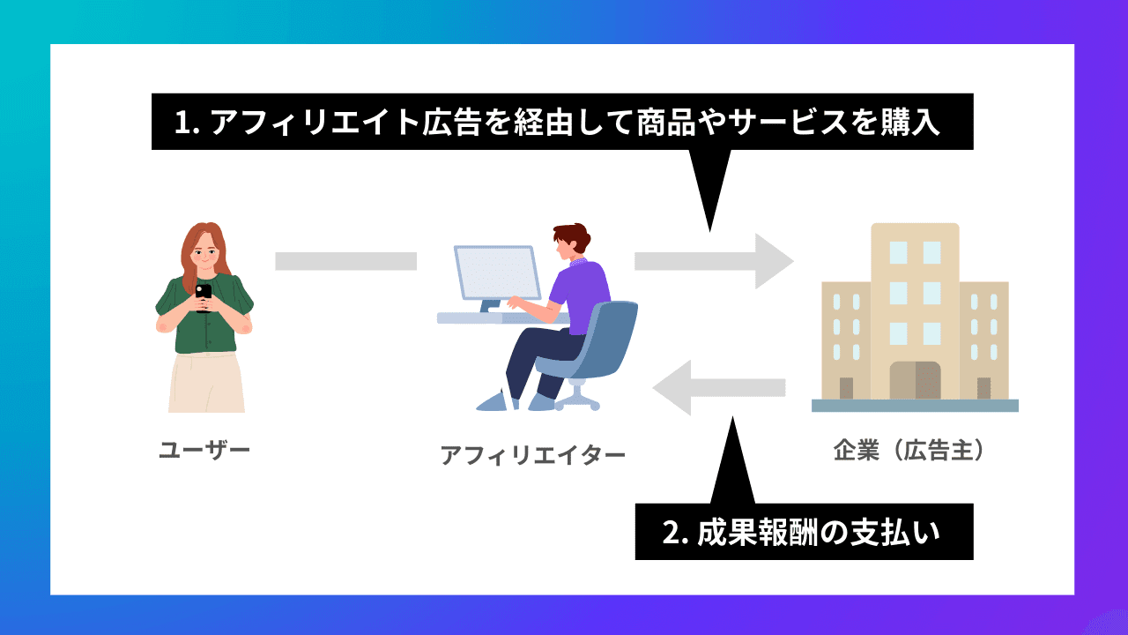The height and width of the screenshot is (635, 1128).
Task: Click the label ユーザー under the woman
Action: pyautogui.click(x=204, y=451)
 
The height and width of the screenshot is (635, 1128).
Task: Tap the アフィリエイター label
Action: pyautogui.click(x=532, y=455)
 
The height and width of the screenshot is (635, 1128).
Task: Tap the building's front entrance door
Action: pyautogui.click(x=915, y=380)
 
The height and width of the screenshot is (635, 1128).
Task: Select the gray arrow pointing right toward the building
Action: pyautogui.click(x=714, y=261)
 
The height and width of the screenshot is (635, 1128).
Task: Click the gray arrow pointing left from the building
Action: pyautogui.click(x=718, y=387)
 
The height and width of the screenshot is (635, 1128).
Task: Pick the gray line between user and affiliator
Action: pyautogui.click(x=345, y=261)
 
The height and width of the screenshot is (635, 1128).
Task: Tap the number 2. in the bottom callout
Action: pyautogui.click(x=675, y=533)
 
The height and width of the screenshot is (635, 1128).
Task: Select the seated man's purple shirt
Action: pyautogui.click(x=582, y=291)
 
